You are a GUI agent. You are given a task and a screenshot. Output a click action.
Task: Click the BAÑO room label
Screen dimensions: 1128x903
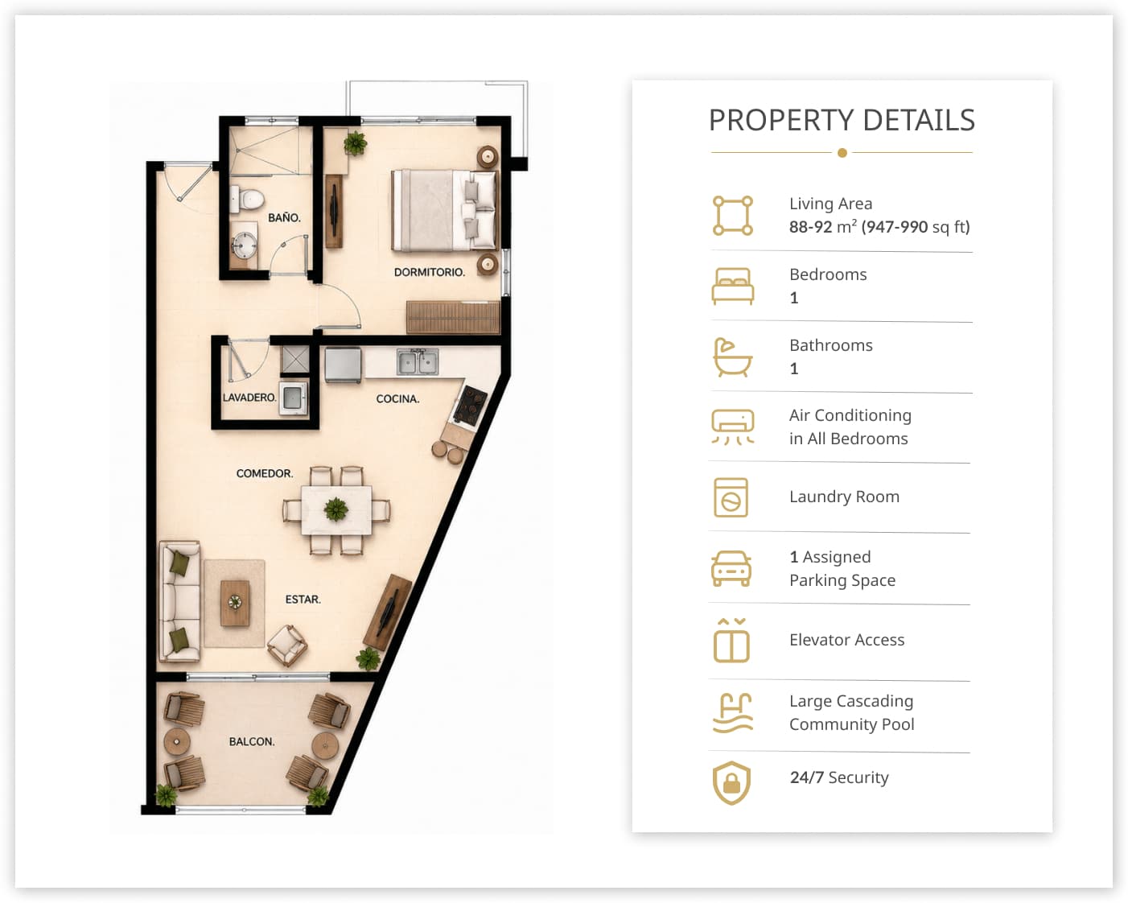[x=284, y=217]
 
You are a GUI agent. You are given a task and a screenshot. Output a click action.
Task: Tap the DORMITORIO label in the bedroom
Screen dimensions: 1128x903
[x=430, y=272]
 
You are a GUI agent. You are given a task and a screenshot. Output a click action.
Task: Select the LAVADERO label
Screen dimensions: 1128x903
[x=249, y=398]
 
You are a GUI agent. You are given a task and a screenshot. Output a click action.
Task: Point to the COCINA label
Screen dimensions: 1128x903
[x=397, y=398]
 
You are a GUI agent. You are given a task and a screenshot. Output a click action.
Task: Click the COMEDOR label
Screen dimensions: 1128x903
[x=264, y=473]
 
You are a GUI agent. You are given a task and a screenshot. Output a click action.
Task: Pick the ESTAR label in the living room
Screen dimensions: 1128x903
[x=303, y=599]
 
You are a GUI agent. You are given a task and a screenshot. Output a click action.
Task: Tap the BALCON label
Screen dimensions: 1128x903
[x=252, y=741]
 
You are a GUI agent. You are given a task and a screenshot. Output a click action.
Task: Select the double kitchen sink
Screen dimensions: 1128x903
[x=418, y=362]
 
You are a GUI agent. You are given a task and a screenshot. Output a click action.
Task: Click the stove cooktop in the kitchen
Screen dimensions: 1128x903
[x=470, y=404]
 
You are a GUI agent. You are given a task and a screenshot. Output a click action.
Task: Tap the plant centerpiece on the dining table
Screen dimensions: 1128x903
[x=336, y=509]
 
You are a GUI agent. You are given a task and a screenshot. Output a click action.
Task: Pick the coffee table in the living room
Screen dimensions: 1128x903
[x=235, y=603]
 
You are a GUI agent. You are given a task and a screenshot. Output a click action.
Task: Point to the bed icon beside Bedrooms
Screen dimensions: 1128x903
[x=732, y=286]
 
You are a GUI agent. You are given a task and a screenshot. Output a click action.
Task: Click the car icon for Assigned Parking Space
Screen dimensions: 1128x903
[x=731, y=568]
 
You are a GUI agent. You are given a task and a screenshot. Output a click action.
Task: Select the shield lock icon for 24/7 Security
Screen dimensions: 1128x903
[x=731, y=782]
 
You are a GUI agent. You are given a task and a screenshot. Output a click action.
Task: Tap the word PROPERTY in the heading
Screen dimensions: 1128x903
[x=781, y=120]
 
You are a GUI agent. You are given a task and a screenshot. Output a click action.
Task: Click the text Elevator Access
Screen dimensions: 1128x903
[x=846, y=640]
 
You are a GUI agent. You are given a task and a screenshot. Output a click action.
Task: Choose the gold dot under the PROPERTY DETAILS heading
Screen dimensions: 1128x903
[x=842, y=153]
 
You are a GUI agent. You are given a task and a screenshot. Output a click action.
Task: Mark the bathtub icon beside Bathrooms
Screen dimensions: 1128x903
[x=732, y=357]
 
